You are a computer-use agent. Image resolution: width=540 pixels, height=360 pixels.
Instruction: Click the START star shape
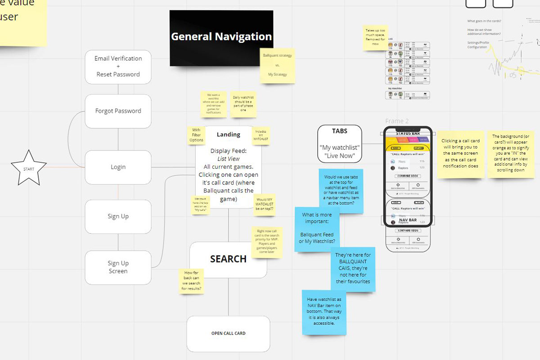(x=28, y=168)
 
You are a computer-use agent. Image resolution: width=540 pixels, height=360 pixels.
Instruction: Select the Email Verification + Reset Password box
(x=118, y=67)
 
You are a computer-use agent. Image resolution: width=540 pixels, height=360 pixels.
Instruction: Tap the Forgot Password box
(x=118, y=111)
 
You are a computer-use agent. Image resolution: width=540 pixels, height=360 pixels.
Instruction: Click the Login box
(x=118, y=167)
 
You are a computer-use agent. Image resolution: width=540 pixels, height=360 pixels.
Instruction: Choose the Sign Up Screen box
(x=118, y=267)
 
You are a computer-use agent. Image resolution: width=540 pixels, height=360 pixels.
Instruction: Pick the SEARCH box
(x=228, y=260)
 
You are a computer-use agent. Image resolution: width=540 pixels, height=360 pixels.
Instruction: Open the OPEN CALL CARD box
(x=228, y=333)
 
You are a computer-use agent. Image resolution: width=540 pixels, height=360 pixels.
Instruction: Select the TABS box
(x=340, y=144)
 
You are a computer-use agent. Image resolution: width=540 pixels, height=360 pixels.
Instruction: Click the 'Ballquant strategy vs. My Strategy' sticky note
(x=277, y=65)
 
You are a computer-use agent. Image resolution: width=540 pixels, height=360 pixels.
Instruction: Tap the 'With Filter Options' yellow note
(x=196, y=135)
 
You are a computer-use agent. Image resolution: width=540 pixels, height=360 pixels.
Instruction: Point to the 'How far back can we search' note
(x=191, y=281)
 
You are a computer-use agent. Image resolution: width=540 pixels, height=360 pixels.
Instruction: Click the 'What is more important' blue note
(x=317, y=229)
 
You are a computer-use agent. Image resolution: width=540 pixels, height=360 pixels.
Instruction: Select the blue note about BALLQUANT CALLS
(x=353, y=269)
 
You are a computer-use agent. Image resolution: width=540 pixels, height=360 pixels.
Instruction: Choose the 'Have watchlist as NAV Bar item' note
(x=324, y=311)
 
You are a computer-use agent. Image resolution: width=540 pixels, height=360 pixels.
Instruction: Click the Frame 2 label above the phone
(x=397, y=121)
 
